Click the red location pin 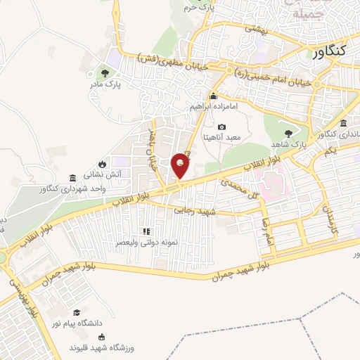(181, 165)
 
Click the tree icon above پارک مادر (105, 72)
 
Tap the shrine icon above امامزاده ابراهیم (213, 96)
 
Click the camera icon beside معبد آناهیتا (222, 127)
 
